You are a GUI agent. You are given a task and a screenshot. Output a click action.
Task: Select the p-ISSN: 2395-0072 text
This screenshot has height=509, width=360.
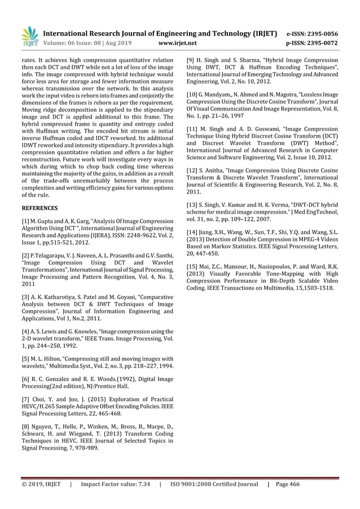[x=313, y=42]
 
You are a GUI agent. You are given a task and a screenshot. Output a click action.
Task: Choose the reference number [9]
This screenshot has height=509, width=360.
[x=191, y=59]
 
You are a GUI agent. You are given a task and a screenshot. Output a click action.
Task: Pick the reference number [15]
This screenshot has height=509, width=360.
[x=193, y=266]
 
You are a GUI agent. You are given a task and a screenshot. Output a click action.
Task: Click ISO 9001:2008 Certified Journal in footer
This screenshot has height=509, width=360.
[x=214, y=484]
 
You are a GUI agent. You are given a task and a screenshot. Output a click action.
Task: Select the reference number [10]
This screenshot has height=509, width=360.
[x=193, y=93]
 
